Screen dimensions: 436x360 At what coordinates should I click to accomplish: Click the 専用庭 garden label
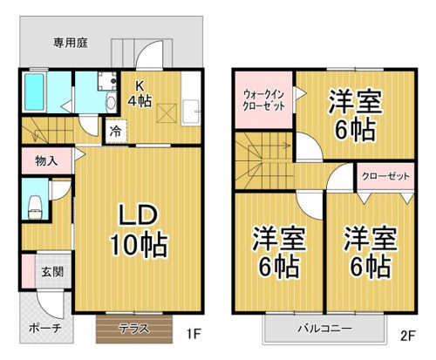tap(71, 43)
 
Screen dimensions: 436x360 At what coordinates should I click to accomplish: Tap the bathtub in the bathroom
tap(34, 92)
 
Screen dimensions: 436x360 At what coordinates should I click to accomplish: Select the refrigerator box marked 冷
tap(116, 131)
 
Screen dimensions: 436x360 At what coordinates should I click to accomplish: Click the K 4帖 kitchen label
tap(140, 94)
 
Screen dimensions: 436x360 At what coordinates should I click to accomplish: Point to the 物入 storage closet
tap(46, 160)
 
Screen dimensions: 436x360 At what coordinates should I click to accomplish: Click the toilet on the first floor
tap(36, 207)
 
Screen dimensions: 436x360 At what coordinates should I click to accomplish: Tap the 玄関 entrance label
tap(52, 272)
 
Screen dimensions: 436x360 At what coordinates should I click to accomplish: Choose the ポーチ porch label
tap(45, 329)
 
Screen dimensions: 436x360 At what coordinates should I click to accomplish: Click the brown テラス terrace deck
tap(134, 329)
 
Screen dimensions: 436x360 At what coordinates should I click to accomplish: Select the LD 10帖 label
tap(139, 230)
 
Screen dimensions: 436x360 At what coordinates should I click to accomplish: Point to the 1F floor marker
tap(194, 335)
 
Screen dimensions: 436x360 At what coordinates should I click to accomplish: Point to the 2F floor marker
tap(408, 336)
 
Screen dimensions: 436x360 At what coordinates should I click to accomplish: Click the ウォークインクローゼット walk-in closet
tap(263, 99)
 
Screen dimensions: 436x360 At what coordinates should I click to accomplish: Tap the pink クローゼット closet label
tap(385, 176)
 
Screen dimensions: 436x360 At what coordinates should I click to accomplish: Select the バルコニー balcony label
tap(324, 329)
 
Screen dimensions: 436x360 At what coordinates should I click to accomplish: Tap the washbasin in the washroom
tap(111, 102)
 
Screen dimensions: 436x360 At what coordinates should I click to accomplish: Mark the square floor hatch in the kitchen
tap(167, 113)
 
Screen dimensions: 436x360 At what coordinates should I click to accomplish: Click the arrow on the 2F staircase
tap(269, 146)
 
